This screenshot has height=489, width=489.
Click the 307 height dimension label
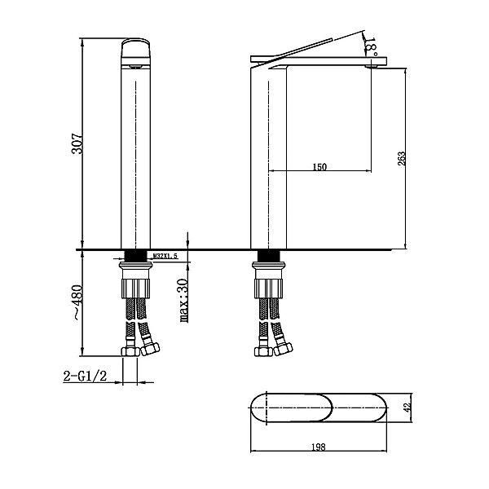point(77,143)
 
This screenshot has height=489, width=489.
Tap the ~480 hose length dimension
point(77,302)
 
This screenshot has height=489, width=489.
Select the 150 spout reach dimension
point(319,167)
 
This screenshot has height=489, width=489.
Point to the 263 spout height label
point(402,158)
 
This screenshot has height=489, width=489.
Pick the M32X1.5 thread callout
point(165,256)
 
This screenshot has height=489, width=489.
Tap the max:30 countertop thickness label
point(184,300)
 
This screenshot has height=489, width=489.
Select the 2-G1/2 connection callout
point(85,376)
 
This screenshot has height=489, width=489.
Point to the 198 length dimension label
point(319,447)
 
